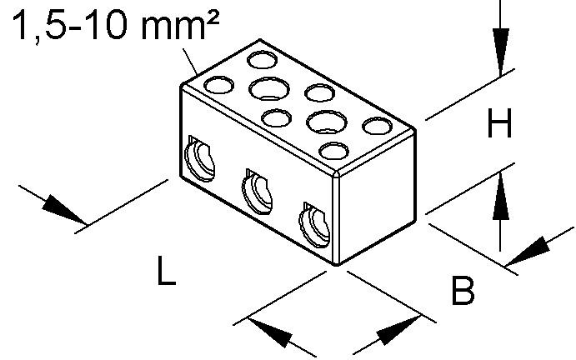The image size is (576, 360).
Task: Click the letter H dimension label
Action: [x=499, y=122]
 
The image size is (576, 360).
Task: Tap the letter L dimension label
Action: [x=167, y=271]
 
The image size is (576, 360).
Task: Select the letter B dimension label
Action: [x=463, y=291]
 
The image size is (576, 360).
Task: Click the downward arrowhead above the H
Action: [x=501, y=52]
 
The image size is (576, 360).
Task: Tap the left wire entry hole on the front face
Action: [x=199, y=158]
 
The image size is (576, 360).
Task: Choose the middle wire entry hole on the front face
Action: [x=257, y=192]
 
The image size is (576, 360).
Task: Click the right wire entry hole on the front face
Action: [x=314, y=224]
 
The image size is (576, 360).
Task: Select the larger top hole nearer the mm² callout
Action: [x=269, y=88]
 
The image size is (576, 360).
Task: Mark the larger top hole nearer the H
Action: [x=327, y=122]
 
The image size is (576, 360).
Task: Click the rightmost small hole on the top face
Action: [x=377, y=126]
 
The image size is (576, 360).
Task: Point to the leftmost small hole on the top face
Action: [x=218, y=85]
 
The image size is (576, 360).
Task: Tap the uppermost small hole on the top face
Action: [x=262, y=59]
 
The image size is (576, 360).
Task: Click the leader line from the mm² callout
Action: [x=190, y=62]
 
